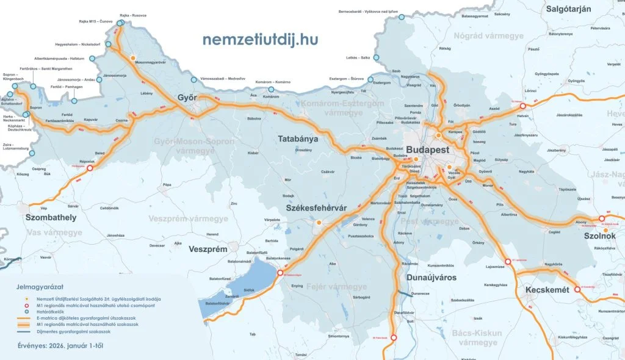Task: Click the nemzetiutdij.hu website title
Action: coord(260,40)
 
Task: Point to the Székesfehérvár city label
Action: coord(316,208)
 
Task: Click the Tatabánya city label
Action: coord(298,139)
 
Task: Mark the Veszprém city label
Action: coord(208,249)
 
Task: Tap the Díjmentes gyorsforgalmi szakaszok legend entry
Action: coord(90,331)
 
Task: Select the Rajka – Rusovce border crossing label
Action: coord(134,15)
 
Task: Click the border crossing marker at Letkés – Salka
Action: coord(376,58)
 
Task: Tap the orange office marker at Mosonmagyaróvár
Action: coord(132,58)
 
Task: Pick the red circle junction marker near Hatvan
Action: coord(523,106)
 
